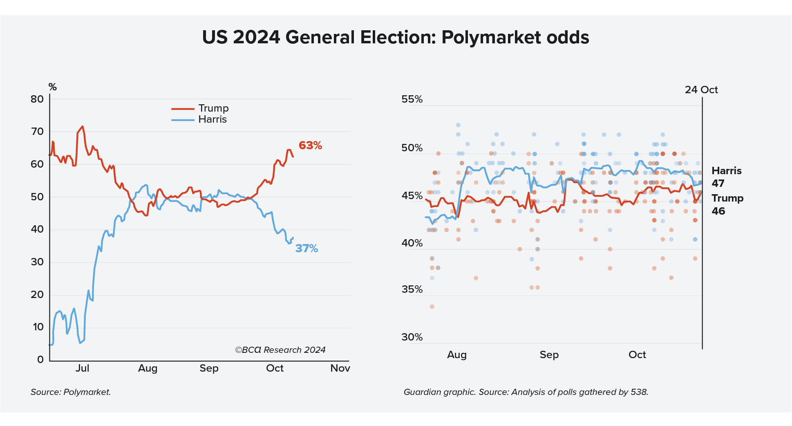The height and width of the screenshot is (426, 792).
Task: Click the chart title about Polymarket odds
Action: (x=396, y=37)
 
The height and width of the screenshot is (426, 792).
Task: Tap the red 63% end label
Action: (x=310, y=146)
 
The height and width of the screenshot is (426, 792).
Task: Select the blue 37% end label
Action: (x=307, y=249)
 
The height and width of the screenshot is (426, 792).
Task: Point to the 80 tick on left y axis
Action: (x=37, y=99)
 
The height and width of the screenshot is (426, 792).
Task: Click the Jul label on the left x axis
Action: (x=82, y=368)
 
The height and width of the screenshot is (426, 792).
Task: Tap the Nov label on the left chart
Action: (x=340, y=368)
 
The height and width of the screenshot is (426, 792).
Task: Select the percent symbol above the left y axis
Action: (x=52, y=87)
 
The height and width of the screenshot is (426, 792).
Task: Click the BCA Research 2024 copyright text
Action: (x=280, y=350)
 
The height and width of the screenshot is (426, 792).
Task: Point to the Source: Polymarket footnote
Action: (x=71, y=392)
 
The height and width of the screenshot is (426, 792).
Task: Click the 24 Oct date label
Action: (x=701, y=90)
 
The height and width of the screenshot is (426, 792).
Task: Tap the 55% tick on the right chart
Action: (x=412, y=99)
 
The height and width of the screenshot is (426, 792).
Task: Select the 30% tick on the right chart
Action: (x=412, y=337)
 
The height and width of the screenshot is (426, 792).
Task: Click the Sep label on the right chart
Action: (x=549, y=355)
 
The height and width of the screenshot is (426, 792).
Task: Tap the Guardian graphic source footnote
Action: (x=526, y=392)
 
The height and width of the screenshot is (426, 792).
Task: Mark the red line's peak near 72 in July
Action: (x=83, y=126)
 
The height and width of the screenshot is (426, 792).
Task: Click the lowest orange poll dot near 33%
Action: (x=432, y=307)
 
